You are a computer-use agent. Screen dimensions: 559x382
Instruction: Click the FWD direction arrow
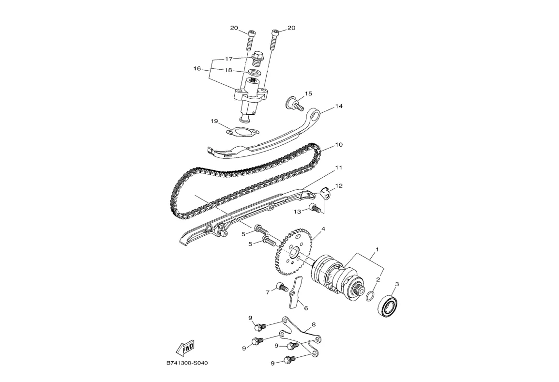[x=185, y=347]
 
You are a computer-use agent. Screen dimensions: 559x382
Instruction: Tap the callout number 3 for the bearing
[x=397, y=284]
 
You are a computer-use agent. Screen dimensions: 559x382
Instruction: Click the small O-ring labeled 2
[x=370, y=296]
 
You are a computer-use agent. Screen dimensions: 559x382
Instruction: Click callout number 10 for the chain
[x=339, y=145]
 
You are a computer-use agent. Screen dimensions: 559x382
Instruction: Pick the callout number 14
[x=339, y=106]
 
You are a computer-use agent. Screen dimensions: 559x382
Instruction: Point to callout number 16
[x=197, y=69]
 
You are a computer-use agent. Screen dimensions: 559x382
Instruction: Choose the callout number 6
[x=305, y=308]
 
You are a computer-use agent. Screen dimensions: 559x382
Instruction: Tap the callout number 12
[x=339, y=186]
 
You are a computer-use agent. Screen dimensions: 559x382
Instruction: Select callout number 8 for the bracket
[x=314, y=325]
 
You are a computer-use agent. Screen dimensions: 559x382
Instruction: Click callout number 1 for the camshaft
[x=377, y=249]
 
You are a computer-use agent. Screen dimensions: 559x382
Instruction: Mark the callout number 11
[x=339, y=168]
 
